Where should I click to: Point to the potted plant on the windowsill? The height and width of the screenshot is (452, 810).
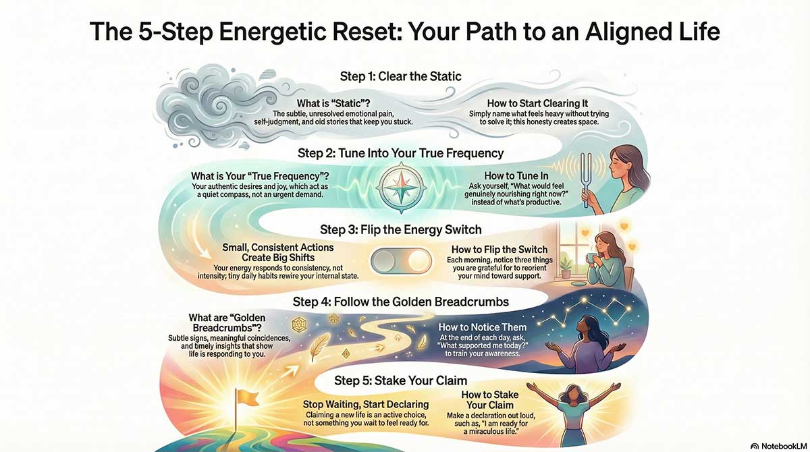click(x=565, y=265)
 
